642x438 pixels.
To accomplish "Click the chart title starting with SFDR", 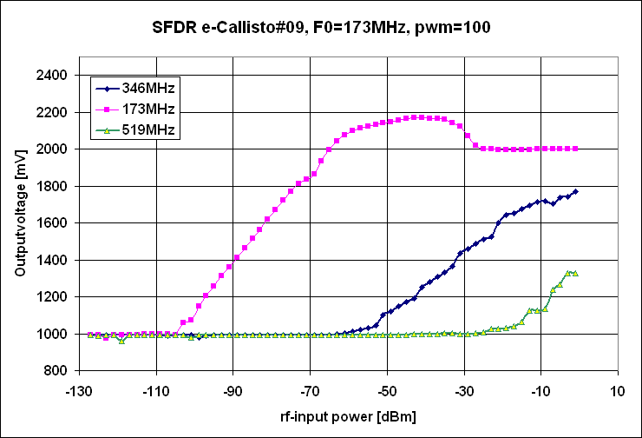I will (x=320, y=27).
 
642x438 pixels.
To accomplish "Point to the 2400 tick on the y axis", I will (x=53, y=76).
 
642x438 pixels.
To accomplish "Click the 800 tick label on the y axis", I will (x=56, y=371).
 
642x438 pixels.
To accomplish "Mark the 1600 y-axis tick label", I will (x=53, y=223).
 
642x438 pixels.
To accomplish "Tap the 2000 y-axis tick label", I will (x=53, y=149).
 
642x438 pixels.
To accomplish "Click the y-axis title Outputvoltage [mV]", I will (x=19, y=222).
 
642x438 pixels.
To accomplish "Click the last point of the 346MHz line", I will (x=575, y=191).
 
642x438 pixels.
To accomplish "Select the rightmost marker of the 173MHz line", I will (x=575, y=149).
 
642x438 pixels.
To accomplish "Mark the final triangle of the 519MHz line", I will (x=575, y=274).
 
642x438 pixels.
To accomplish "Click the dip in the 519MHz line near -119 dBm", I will (x=121, y=341).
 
